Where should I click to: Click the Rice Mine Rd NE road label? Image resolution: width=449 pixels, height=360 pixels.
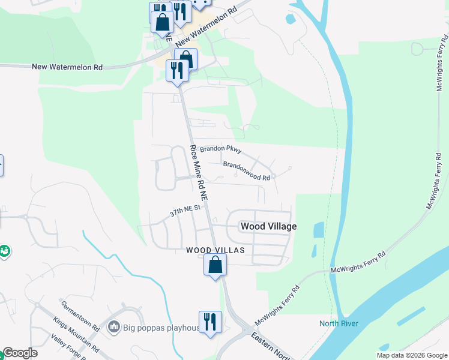click(199, 172)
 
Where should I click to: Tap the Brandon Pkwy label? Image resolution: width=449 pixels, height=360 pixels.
click(220, 148)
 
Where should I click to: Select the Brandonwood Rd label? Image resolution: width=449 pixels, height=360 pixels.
click(246, 170)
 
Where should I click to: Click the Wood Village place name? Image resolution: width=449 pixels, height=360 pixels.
click(268, 226)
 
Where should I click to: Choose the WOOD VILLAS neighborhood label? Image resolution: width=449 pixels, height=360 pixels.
click(215, 250)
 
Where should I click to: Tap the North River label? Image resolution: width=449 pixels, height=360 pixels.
click(339, 324)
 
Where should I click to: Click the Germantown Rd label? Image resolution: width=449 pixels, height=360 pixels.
click(79, 316)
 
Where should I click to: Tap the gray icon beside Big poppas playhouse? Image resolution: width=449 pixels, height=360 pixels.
click(113, 327)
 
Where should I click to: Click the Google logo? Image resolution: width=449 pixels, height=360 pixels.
click(20, 353)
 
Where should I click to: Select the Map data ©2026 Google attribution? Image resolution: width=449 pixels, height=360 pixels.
click(411, 355)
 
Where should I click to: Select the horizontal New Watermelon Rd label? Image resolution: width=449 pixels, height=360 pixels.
click(67, 67)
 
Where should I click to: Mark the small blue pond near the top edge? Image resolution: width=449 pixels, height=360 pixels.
click(291, 19)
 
